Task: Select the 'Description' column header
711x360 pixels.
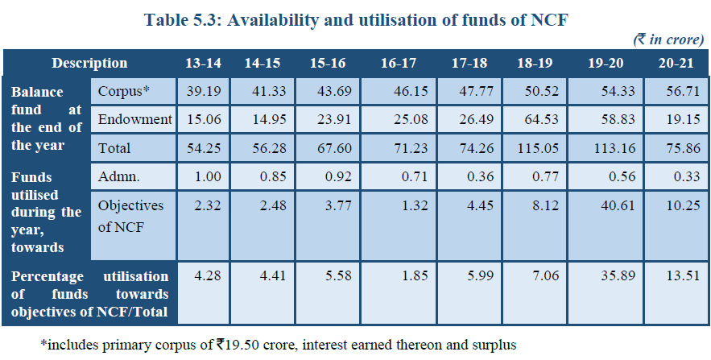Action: click(x=89, y=63)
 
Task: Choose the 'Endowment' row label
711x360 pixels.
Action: click(x=134, y=119)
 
